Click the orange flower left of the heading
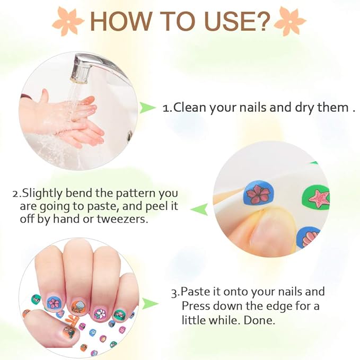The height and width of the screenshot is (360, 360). (68, 21)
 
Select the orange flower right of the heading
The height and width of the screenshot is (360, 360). (290, 21)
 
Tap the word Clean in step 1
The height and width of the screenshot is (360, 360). (189, 108)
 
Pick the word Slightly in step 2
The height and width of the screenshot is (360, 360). (42, 194)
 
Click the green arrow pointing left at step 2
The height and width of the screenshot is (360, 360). (199, 209)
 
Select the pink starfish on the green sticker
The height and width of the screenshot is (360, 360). (320, 198)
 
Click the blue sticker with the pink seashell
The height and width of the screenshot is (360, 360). (307, 238)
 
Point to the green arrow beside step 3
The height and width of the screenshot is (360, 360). (150, 303)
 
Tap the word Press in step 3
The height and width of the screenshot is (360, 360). (196, 306)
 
